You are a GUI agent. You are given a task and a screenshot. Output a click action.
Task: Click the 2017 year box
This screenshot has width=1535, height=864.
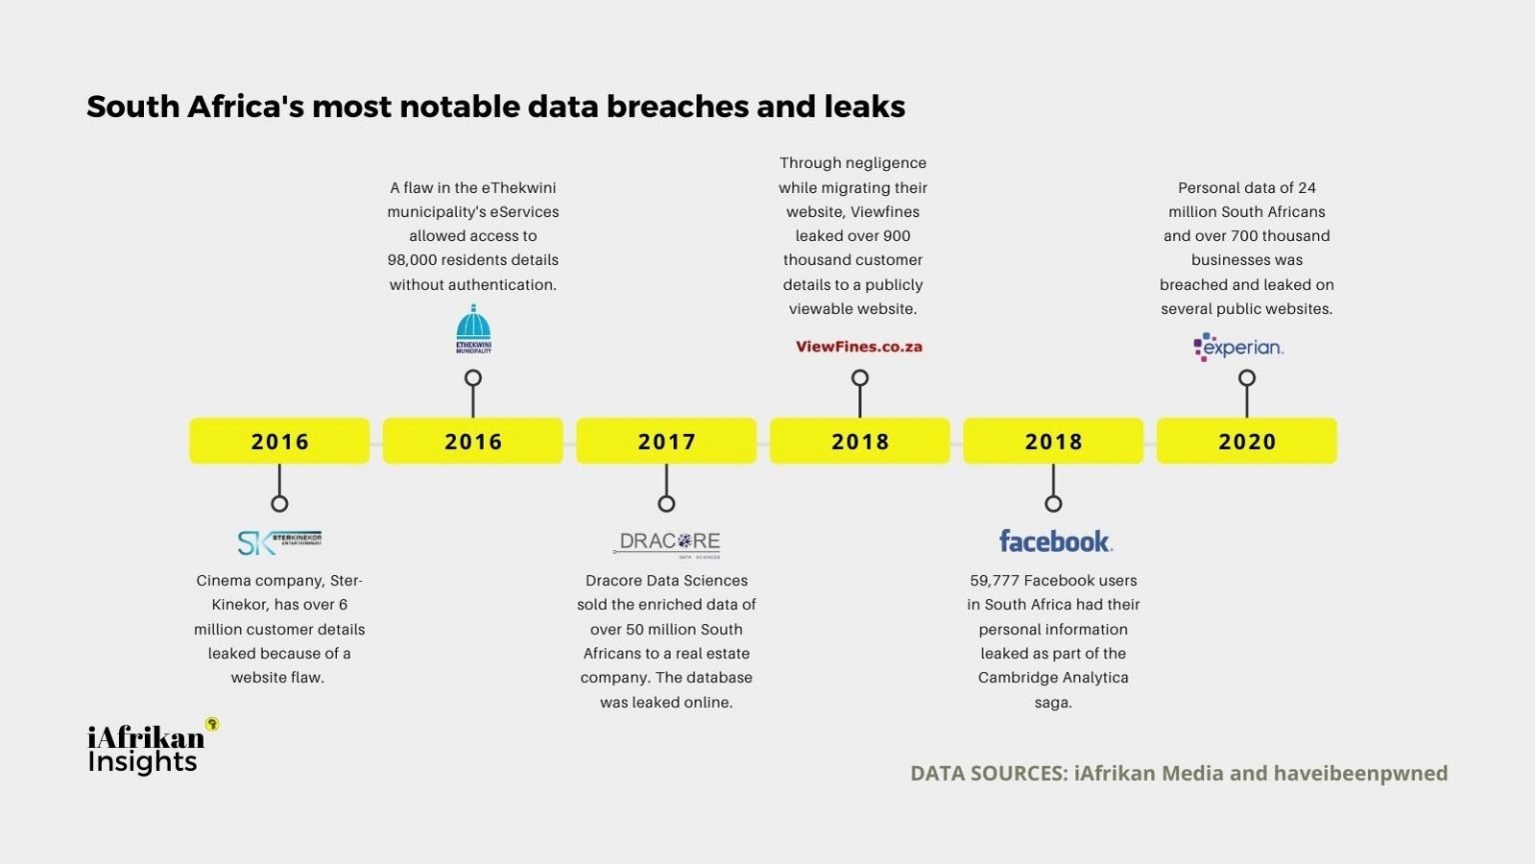[667, 441]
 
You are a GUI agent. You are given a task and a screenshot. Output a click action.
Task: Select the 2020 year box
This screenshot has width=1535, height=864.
[1246, 441]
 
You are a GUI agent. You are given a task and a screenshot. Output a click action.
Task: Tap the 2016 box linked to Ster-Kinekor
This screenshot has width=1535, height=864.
[280, 441]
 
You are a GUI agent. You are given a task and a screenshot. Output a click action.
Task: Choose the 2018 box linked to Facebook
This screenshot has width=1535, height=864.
[1053, 441]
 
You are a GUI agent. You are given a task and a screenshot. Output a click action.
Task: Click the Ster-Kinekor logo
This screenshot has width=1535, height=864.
[279, 542]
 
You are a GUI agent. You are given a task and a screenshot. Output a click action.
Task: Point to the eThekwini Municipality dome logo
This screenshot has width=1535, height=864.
[474, 330]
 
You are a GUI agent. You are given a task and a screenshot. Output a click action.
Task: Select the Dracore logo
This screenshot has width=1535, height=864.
[667, 543]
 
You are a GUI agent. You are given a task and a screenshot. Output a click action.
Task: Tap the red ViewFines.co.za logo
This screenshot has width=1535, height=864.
[859, 347]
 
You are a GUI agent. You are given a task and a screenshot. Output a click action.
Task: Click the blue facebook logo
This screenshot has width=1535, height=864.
[1055, 541]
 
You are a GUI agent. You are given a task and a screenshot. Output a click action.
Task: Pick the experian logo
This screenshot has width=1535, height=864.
[1239, 347]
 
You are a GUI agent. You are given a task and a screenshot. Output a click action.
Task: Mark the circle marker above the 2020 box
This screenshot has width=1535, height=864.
[1246, 378]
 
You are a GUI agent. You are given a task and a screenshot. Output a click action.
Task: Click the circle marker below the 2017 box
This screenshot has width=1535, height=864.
[667, 503]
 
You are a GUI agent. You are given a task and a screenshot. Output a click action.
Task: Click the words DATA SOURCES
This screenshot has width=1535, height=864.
[987, 773]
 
